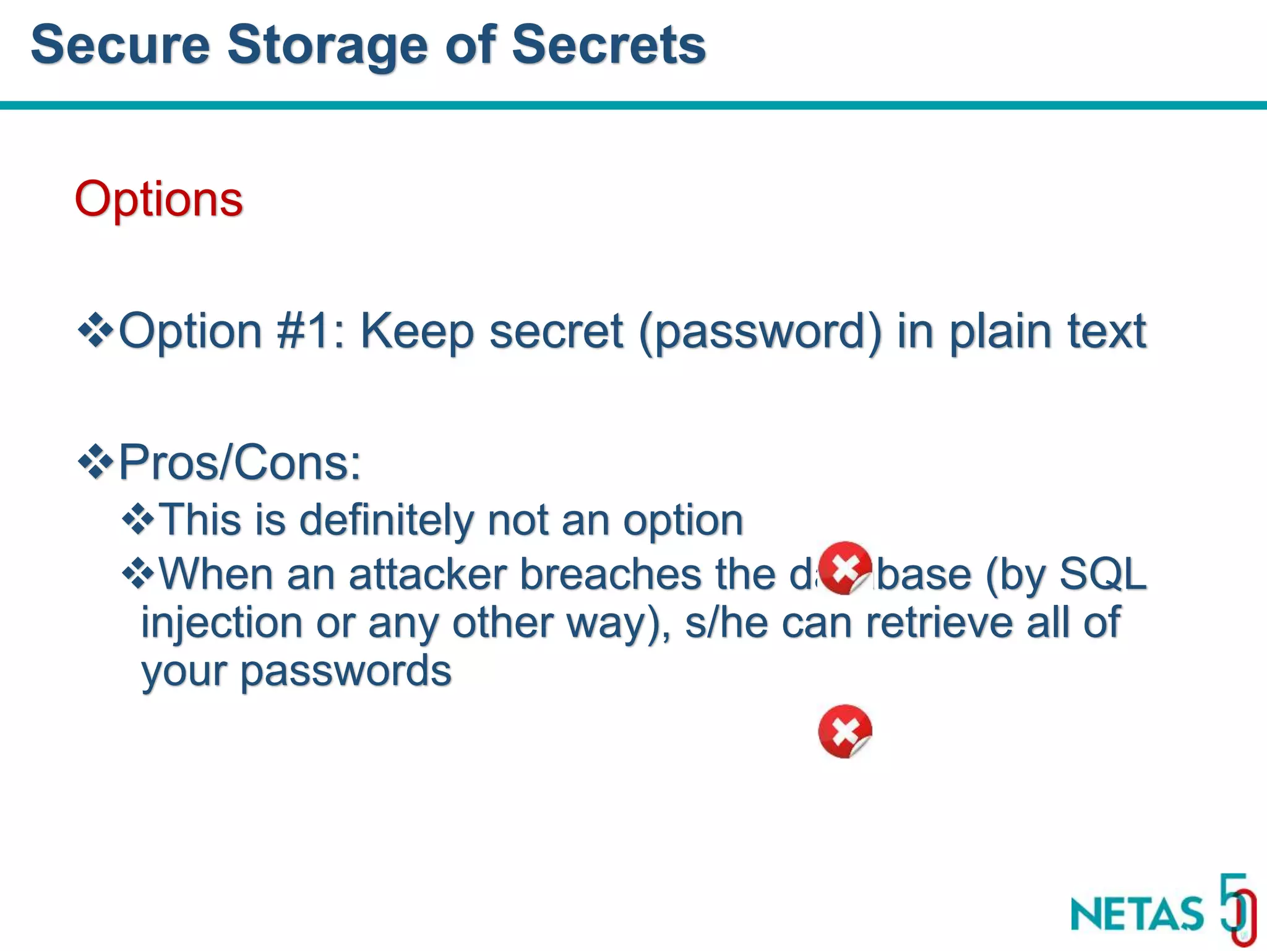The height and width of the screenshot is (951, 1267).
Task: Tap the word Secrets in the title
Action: (x=609, y=45)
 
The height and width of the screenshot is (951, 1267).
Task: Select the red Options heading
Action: (x=158, y=199)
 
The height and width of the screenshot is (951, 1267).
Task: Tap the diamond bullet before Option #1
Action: (x=95, y=331)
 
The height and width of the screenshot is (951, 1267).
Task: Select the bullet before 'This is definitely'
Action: (x=139, y=519)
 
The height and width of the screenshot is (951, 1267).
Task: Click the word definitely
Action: (x=387, y=519)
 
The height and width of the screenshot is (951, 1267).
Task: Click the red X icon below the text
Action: (x=845, y=731)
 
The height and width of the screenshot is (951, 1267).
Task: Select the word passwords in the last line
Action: (x=346, y=671)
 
